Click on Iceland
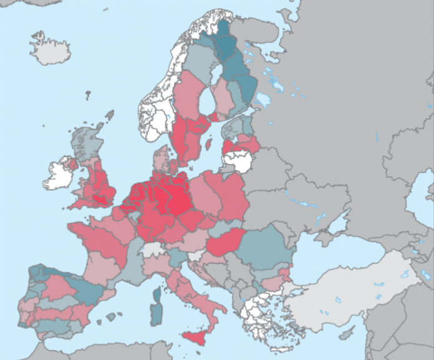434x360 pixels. coord(50,49)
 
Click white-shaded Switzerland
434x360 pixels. coord(152,249)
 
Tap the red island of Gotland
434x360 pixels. coord(208,144)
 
